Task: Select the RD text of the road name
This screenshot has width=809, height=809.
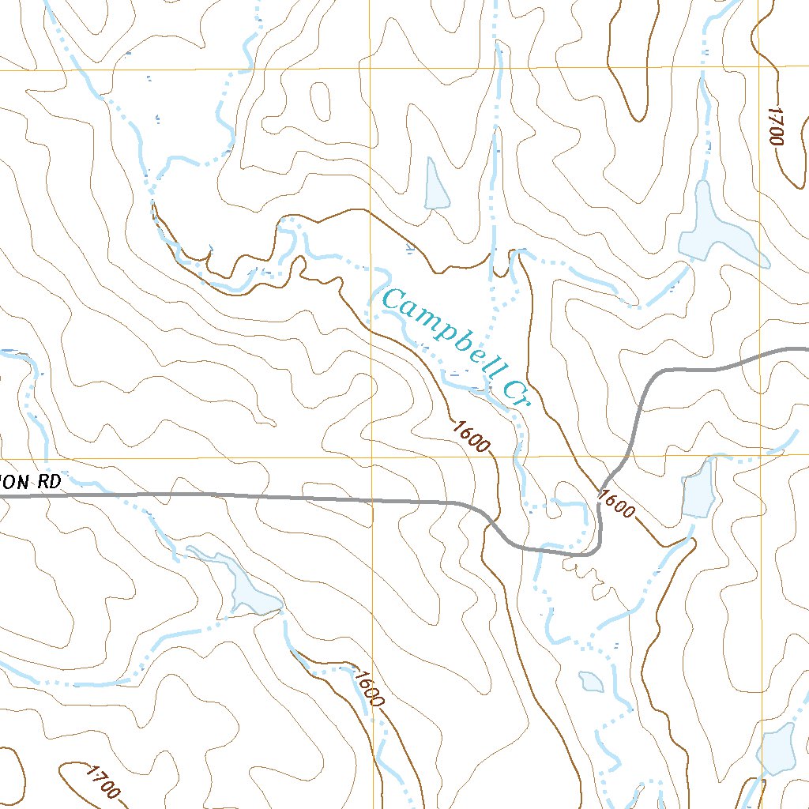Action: coord(49,482)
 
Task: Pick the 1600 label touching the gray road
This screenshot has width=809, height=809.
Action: coord(616,504)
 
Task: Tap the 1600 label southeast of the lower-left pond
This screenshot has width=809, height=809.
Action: coord(369,688)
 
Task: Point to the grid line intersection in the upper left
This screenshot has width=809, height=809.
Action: coord(371,70)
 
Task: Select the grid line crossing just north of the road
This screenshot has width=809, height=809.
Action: coord(371,457)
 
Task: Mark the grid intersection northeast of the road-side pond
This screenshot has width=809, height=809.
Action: coord(761,456)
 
